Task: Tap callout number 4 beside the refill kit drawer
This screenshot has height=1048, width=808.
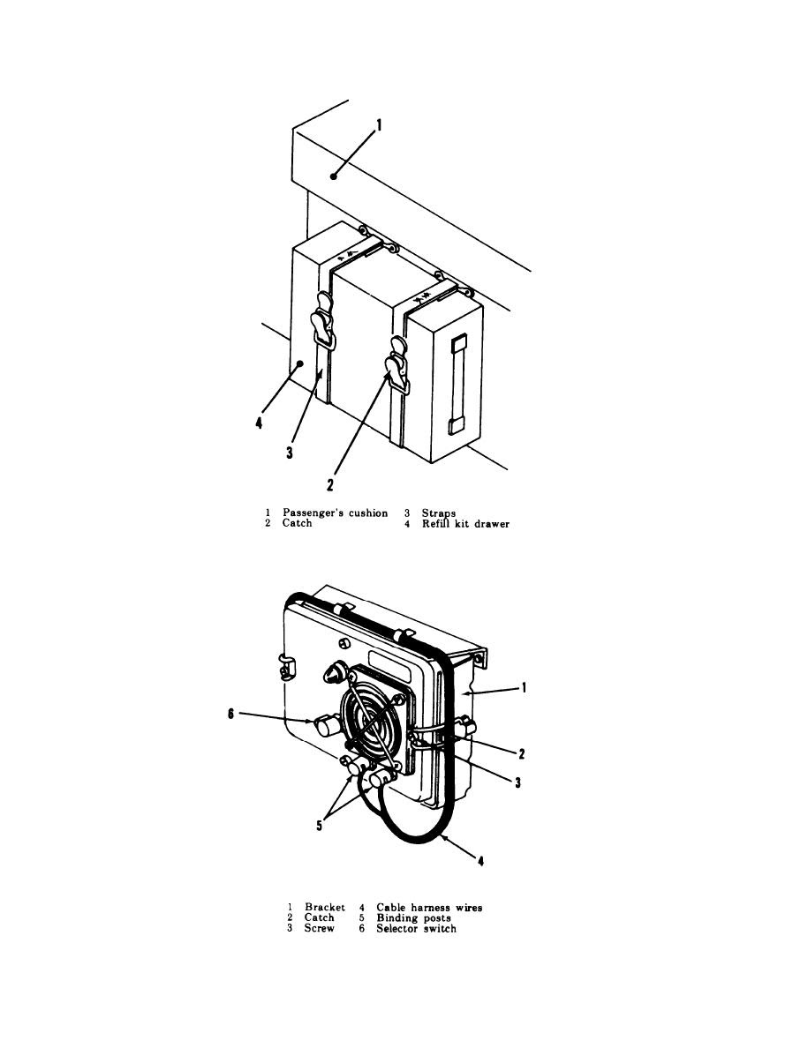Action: (x=260, y=423)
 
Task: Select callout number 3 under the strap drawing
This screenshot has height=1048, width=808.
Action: (x=290, y=453)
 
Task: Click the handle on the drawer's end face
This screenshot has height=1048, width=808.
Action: (x=457, y=385)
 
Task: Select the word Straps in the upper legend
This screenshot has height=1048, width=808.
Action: (x=439, y=514)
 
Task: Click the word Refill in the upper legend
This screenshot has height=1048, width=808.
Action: (x=435, y=524)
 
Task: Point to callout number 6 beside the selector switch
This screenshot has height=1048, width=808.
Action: (x=230, y=715)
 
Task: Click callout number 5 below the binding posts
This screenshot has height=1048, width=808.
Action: (x=319, y=826)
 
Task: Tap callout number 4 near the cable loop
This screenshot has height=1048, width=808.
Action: (x=481, y=861)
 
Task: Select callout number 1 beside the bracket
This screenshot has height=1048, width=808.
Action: (x=525, y=687)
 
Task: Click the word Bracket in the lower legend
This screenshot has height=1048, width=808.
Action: (x=325, y=908)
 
